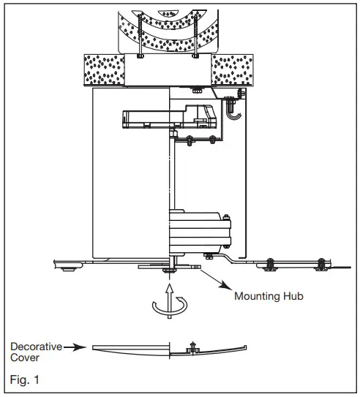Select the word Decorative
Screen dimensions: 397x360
point(34,346)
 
